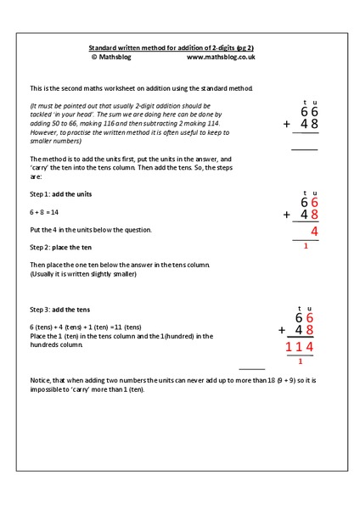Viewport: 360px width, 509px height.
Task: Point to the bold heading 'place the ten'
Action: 77,247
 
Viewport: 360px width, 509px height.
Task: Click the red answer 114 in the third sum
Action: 301,347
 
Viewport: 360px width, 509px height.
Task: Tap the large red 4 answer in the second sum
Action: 314,231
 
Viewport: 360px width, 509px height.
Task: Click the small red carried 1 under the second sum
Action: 305,245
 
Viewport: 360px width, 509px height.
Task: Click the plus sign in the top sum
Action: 288,125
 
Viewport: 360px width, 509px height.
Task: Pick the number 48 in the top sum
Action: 309,125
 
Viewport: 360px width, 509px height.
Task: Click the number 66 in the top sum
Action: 309,110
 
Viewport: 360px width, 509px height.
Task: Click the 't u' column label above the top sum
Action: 309,100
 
